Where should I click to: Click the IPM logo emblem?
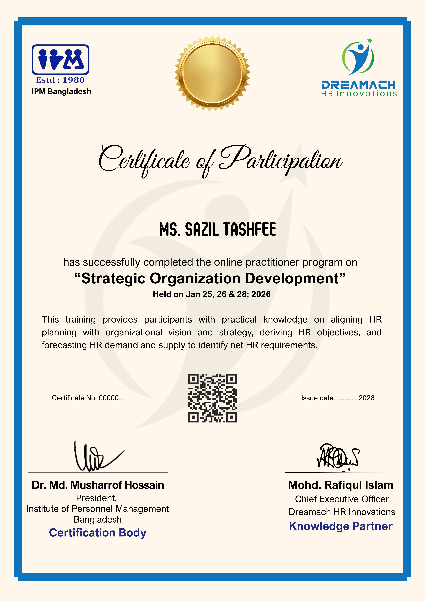click(x=60, y=60)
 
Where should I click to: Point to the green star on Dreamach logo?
click(x=370, y=41)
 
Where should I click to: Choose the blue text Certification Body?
click(x=98, y=533)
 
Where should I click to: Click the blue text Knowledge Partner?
click(x=341, y=526)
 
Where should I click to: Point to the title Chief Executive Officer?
click(x=342, y=499)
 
